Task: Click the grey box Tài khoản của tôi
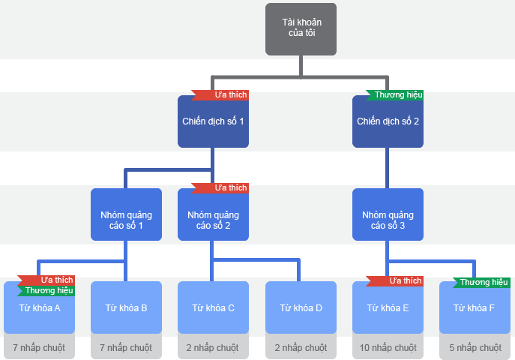point(301,29)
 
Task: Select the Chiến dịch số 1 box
point(213,121)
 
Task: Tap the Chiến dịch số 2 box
point(388,121)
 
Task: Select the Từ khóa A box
point(39,309)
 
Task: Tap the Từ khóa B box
point(126,307)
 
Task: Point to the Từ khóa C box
point(213,307)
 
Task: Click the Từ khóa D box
point(301,307)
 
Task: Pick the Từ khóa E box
point(388,309)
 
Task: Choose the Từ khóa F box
point(475,309)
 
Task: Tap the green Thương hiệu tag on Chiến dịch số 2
point(397,95)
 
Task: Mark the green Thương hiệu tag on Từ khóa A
point(47,290)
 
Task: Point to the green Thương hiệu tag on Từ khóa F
point(483,283)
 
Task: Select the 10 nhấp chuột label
point(388,348)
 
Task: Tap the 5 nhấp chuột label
point(475,348)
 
